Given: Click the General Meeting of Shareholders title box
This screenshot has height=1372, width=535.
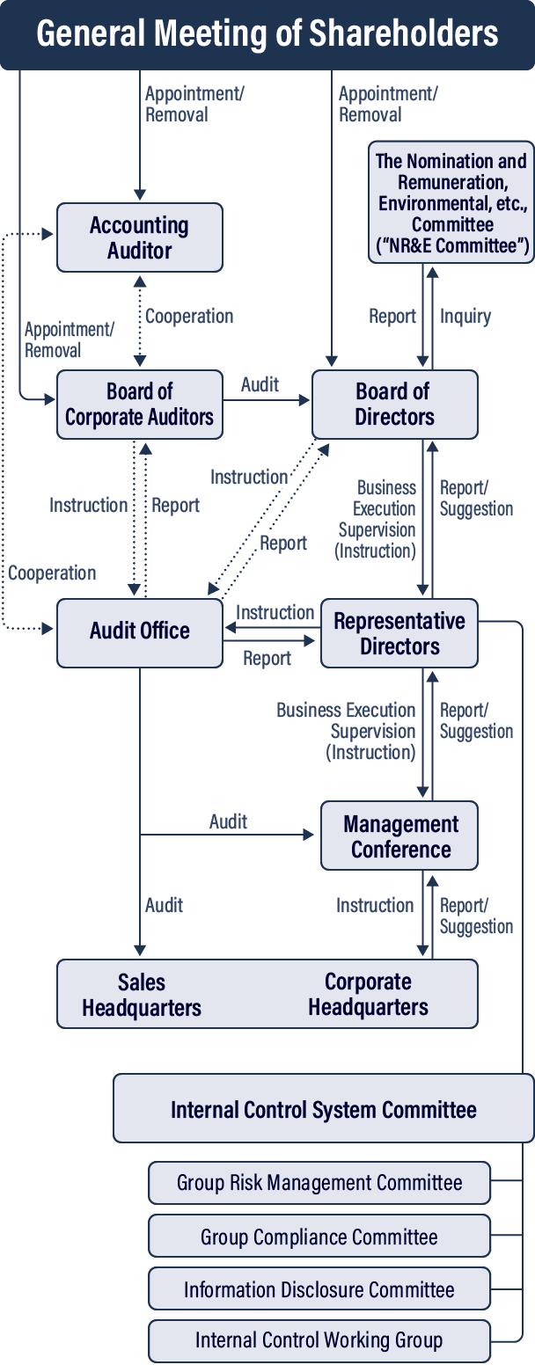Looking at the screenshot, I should (x=267, y=34).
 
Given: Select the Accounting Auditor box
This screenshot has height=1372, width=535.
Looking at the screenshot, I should (x=140, y=237).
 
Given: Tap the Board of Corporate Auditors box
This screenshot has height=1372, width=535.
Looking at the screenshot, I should (x=140, y=404).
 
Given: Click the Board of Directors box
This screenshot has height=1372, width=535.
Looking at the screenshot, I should (x=394, y=404).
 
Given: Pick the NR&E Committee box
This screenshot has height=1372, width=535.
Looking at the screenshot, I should (x=451, y=202).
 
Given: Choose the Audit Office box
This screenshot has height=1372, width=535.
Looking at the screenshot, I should (x=140, y=631).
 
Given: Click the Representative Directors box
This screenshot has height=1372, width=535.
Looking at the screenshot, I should (x=399, y=633).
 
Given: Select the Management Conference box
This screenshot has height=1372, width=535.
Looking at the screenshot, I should (x=400, y=836).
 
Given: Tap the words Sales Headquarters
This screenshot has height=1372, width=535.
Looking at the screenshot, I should (x=142, y=995).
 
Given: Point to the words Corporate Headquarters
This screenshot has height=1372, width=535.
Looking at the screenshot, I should (x=368, y=995).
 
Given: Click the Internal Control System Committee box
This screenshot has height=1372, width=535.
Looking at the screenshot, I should (x=323, y=1109).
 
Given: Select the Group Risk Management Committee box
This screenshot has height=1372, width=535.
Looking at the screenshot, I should (x=319, y=1183).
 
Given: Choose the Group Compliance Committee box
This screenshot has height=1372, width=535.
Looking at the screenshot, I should (x=319, y=1237).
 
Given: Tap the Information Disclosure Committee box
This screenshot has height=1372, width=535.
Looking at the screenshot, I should (x=319, y=1289).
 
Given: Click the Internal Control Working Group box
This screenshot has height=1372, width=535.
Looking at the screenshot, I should (x=319, y=1341).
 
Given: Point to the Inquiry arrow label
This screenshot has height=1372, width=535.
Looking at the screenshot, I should (x=465, y=316).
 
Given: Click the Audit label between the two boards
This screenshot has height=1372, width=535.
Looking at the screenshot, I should (x=260, y=384).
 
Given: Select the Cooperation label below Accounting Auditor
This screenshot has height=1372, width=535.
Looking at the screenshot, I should (x=189, y=316).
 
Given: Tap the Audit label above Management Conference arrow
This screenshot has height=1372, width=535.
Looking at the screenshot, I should (x=228, y=821).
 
